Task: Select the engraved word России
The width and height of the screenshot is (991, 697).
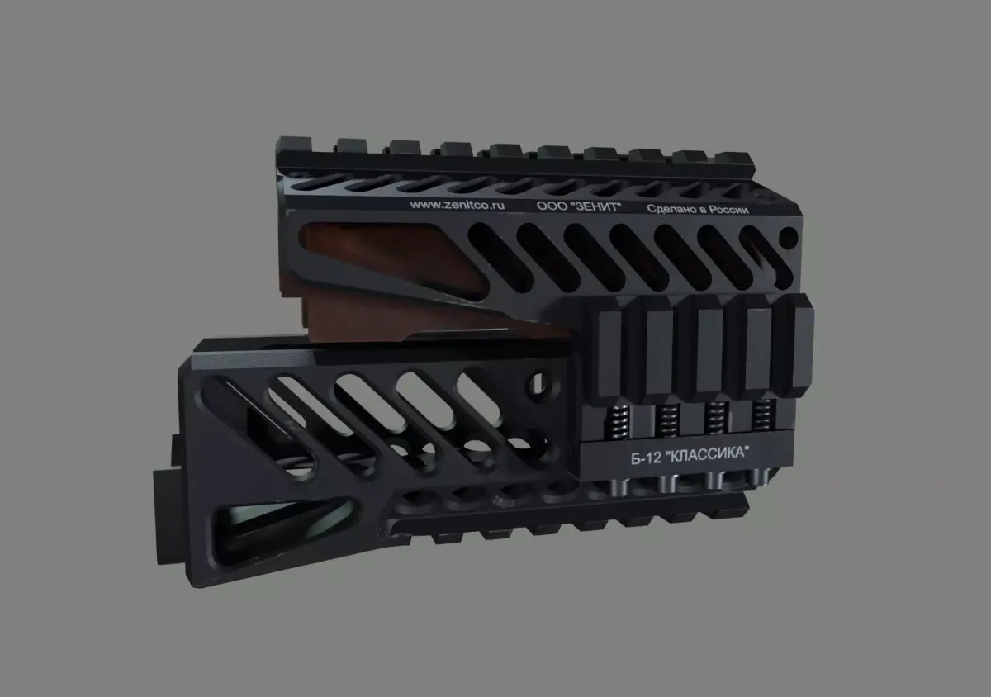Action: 727,211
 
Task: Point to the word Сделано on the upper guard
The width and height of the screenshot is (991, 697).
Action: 671,209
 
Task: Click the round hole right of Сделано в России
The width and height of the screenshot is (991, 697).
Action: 789,239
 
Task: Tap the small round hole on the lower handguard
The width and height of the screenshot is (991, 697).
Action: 543,382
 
